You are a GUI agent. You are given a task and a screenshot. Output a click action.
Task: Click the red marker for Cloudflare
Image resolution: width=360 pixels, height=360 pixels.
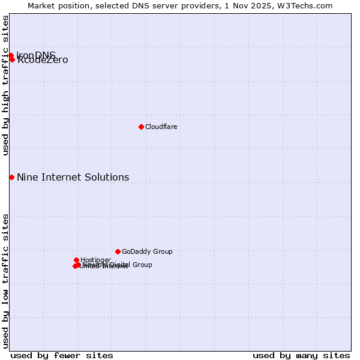(141, 127)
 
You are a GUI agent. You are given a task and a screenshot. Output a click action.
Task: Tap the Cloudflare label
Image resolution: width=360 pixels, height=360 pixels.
(161, 127)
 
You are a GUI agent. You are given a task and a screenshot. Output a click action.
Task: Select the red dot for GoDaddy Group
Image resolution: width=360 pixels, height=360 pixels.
(118, 251)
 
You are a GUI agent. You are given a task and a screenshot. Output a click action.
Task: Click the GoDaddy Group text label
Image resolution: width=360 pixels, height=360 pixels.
(147, 251)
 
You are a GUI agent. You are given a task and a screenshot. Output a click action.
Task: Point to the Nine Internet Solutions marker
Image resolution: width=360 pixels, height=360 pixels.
(11, 177)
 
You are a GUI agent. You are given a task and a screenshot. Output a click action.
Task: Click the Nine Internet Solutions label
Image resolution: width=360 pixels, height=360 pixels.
(73, 177)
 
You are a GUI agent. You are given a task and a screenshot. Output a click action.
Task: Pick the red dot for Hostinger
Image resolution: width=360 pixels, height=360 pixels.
(76, 260)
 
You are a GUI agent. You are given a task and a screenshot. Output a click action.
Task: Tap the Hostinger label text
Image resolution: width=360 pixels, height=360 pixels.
(95, 260)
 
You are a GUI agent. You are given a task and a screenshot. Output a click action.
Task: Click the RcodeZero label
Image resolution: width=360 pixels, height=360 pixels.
(43, 61)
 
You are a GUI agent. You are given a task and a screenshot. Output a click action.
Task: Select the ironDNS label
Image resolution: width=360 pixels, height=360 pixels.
(36, 55)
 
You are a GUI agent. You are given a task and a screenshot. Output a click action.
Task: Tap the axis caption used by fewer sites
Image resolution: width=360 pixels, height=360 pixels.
(62, 355)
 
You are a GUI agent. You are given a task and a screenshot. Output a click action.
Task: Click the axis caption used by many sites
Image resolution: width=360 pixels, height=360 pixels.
(301, 355)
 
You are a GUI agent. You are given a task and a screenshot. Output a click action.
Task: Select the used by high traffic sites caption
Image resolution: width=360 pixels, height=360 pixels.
(5, 85)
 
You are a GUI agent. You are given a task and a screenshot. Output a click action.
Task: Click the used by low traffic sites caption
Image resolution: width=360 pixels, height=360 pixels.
(5, 280)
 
